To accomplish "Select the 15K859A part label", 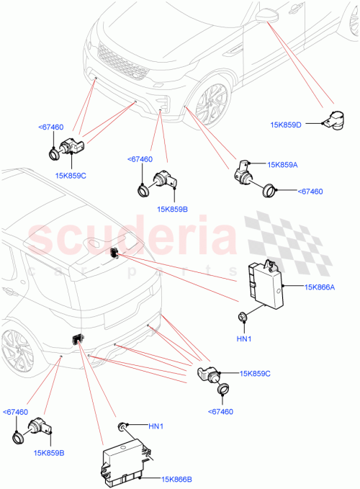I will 283,165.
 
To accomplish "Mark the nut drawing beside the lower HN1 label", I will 125,426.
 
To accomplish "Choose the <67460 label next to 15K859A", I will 309,192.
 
